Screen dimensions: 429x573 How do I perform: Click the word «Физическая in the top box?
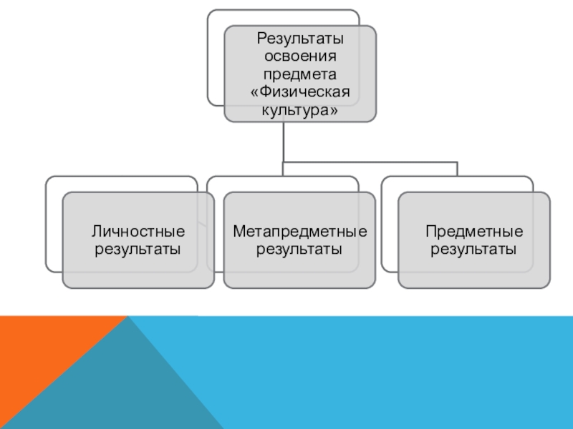click(299, 94)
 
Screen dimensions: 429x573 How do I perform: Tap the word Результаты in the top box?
click(299, 38)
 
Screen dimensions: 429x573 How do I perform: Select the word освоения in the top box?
click(299, 56)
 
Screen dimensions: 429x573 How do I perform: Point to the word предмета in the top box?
click(299, 75)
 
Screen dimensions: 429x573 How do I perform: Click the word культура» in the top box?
click(299, 112)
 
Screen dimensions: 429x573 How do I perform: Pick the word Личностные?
click(138, 231)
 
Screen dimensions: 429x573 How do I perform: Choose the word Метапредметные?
click(299, 231)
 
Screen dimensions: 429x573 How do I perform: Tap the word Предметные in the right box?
click(474, 231)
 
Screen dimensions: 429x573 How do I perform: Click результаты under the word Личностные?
click(138, 250)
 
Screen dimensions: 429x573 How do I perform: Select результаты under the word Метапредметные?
click(299, 250)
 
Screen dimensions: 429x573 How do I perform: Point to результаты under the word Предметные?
click(474, 250)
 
